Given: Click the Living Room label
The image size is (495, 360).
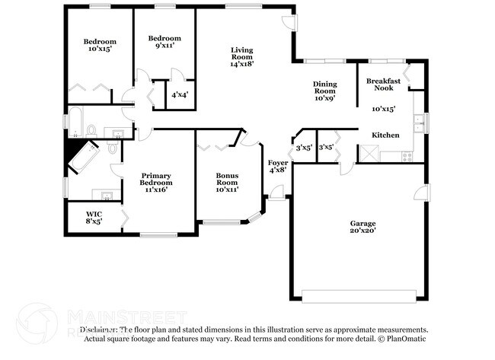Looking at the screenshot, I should pyautogui.click(x=241, y=57).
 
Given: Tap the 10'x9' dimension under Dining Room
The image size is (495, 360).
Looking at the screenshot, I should pyautogui.click(x=324, y=97).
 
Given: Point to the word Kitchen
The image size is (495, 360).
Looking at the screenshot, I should pyautogui.click(x=385, y=135).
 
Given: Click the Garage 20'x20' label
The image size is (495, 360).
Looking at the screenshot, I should pyautogui.click(x=362, y=228).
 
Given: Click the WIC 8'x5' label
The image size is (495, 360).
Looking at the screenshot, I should pyautogui.click(x=94, y=218).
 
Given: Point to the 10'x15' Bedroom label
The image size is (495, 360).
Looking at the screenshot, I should pyautogui.click(x=100, y=45).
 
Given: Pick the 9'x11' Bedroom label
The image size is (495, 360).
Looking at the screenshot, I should pyautogui.click(x=164, y=42).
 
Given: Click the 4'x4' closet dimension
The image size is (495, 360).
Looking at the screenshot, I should pyautogui.click(x=179, y=95).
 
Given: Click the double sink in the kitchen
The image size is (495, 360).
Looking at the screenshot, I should pyautogui.click(x=417, y=120).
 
